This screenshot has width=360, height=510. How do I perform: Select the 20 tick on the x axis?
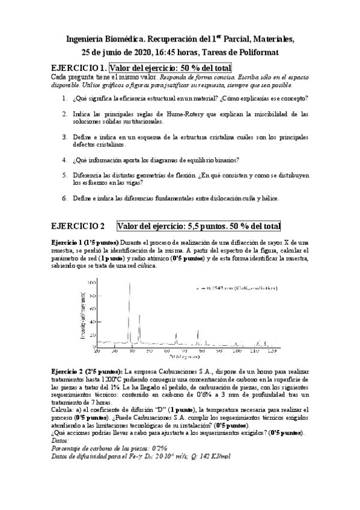97,350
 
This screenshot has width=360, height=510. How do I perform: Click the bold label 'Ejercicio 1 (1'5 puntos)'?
86,241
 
